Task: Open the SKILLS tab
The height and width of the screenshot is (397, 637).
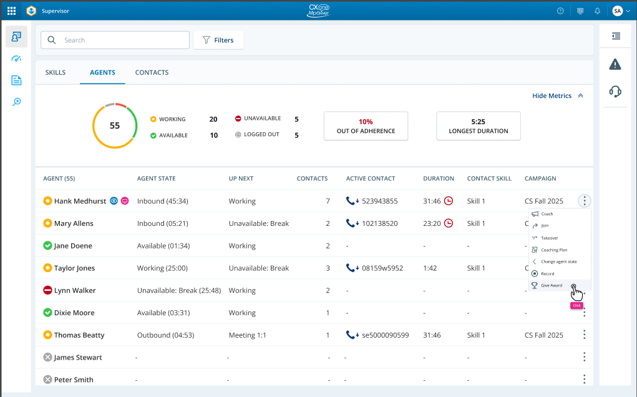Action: [x=56, y=72]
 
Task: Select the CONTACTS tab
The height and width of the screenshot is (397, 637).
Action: [x=152, y=72]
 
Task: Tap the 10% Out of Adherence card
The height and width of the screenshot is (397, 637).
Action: [x=366, y=126]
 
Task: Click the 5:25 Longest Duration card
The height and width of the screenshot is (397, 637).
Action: [x=478, y=126]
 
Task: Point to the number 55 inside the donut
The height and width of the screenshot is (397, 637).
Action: [x=115, y=125]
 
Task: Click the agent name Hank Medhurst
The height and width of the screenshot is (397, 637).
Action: [x=80, y=201]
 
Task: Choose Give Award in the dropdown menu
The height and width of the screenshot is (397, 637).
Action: [x=552, y=285]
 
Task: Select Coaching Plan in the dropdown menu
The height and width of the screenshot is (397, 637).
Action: [x=554, y=250]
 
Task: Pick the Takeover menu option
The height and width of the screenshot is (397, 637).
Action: [x=549, y=238]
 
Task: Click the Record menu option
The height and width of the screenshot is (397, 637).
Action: [x=547, y=273]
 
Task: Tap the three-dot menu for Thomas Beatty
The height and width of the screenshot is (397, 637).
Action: [x=584, y=335]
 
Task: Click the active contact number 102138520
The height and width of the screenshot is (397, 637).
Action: [x=379, y=223]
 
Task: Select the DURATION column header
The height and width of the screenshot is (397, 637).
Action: [x=439, y=179]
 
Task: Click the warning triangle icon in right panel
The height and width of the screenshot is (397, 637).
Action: [x=615, y=64]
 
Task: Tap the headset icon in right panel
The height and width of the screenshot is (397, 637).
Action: [x=615, y=92]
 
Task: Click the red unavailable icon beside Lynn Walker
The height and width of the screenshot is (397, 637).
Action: [x=47, y=290]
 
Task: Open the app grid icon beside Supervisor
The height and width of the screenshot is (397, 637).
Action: [x=12, y=11]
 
